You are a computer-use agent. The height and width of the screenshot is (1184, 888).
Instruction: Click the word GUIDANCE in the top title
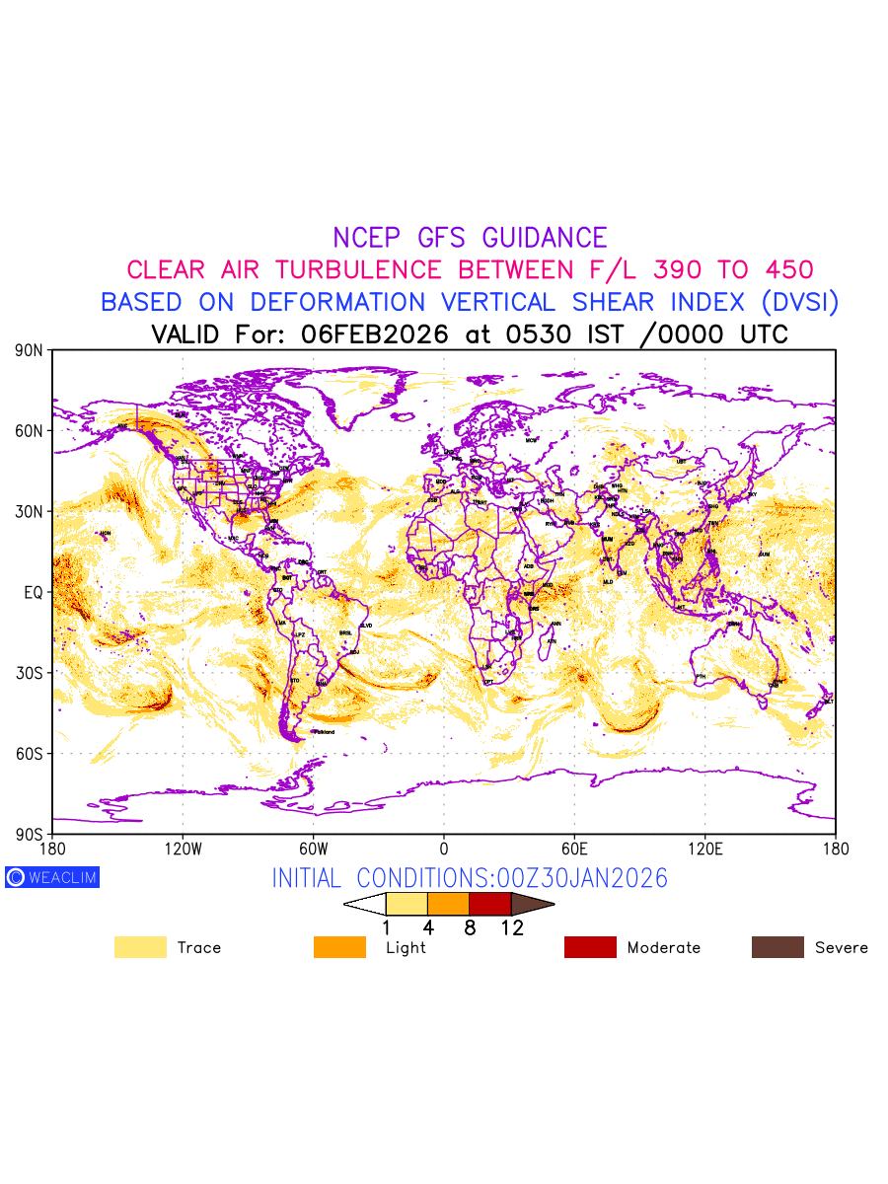click(x=545, y=238)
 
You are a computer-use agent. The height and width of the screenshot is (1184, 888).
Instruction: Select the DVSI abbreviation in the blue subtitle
click(x=797, y=302)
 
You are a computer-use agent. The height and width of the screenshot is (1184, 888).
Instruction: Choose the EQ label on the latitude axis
click(x=34, y=593)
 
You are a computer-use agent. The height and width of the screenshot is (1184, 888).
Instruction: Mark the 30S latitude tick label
click(x=30, y=674)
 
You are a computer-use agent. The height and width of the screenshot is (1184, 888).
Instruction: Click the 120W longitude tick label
click(x=183, y=849)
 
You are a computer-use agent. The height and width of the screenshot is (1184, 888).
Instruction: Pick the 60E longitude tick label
click(x=574, y=849)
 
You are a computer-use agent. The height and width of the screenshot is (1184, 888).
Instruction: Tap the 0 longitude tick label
click(x=444, y=849)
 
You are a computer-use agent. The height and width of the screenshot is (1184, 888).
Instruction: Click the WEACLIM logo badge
click(x=52, y=877)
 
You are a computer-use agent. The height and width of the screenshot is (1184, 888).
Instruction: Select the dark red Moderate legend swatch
click(x=590, y=947)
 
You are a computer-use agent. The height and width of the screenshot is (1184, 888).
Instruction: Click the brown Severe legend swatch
click(x=777, y=947)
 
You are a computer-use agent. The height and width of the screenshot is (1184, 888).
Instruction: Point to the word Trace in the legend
click(x=199, y=948)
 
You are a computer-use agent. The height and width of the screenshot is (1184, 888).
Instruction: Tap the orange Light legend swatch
click(x=339, y=947)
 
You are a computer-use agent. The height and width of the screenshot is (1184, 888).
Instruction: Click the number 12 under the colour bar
click(x=511, y=927)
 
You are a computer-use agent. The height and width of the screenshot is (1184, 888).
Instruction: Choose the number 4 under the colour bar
click(x=428, y=927)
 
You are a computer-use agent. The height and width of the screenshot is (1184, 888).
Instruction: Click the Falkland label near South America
click(x=323, y=732)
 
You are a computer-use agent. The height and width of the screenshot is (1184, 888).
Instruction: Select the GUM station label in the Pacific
click(x=764, y=555)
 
